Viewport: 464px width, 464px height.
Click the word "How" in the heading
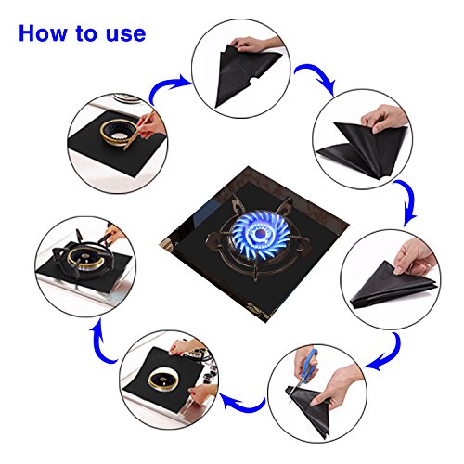43,32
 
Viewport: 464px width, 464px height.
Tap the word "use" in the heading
126,34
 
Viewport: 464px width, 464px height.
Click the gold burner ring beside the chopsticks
117,132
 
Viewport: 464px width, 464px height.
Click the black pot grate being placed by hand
80,257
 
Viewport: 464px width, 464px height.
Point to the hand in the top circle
255,44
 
